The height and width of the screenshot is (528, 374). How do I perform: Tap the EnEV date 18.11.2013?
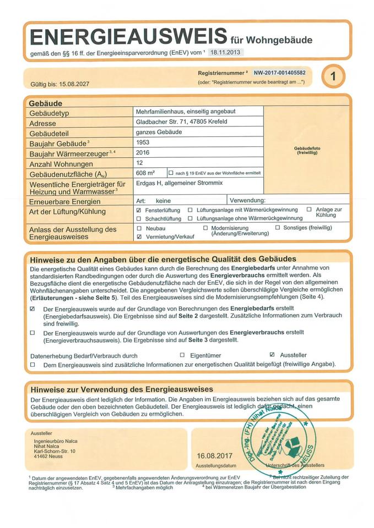pos(225,52)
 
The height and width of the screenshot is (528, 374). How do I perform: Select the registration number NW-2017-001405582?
pos(279,72)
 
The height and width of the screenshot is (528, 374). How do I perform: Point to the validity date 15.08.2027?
pos(73,84)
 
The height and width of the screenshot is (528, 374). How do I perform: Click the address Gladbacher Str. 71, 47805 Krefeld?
pos(181,122)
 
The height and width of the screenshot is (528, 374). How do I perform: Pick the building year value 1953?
pos(143,142)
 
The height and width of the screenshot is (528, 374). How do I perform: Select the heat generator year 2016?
pos(143,152)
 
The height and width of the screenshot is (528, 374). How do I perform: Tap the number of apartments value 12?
pos(139,163)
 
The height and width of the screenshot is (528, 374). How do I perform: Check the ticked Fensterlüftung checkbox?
pos(139,210)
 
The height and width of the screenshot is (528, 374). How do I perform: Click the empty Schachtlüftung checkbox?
pos(139,218)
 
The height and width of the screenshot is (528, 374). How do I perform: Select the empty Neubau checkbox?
pos(139,228)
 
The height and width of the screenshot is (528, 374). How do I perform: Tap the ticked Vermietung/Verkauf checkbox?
pos(139,236)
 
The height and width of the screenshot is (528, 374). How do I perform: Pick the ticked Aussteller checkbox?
pos(272,355)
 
